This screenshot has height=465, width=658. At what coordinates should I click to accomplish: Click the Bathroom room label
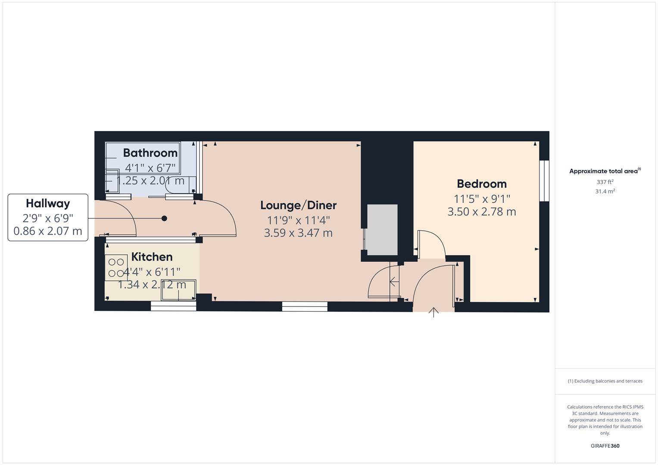click(150, 153)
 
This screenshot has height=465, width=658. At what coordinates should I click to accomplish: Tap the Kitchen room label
click(152, 257)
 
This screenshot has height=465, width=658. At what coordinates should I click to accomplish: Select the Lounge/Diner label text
click(298, 205)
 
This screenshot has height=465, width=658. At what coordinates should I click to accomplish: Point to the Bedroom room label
click(481, 184)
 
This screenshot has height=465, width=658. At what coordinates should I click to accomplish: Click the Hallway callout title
click(48, 204)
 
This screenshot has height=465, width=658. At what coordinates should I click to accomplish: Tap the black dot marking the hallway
click(164, 218)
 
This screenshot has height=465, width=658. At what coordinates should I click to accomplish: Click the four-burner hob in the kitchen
click(116, 267)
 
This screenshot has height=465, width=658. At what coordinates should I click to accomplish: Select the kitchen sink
click(178, 290)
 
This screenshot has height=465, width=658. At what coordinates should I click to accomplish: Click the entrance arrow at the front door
click(433, 312)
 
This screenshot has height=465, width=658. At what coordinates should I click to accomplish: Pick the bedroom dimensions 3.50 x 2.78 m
click(481, 212)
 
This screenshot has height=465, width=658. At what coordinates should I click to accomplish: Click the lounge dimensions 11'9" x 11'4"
click(298, 220)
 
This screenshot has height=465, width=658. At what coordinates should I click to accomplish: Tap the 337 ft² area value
click(605, 182)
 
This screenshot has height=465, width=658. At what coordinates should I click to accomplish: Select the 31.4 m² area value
click(605, 192)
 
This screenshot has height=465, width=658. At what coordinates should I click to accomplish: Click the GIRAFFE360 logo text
click(605, 446)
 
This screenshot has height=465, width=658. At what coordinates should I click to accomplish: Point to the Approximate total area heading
click(605, 171)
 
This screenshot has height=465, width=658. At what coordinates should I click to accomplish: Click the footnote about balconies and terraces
click(605, 381)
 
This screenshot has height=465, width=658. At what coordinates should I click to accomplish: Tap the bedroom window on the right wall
click(545, 181)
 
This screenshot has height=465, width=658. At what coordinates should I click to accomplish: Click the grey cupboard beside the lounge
click(382, 230)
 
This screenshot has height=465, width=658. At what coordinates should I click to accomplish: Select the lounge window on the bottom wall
click(305, 307)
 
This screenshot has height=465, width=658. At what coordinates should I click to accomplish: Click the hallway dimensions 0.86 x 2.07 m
click(48, 231)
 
